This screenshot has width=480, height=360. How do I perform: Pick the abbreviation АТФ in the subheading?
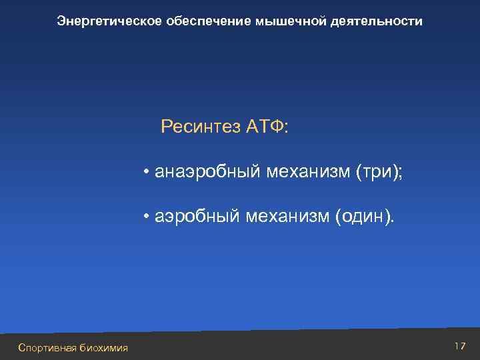[265, 127]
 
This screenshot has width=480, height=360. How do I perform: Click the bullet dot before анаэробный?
[145, 173]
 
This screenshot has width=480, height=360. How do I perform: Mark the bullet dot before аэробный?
[145, 216]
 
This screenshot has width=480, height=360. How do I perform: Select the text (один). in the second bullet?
[365, 216]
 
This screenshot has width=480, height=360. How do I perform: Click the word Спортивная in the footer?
[48, 347]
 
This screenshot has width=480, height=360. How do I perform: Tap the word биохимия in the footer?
[103, 347]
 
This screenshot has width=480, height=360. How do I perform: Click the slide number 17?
[459, 346]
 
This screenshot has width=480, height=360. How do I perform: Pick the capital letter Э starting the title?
[61, 22]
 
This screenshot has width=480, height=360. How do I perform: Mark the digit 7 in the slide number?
[461, 346]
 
